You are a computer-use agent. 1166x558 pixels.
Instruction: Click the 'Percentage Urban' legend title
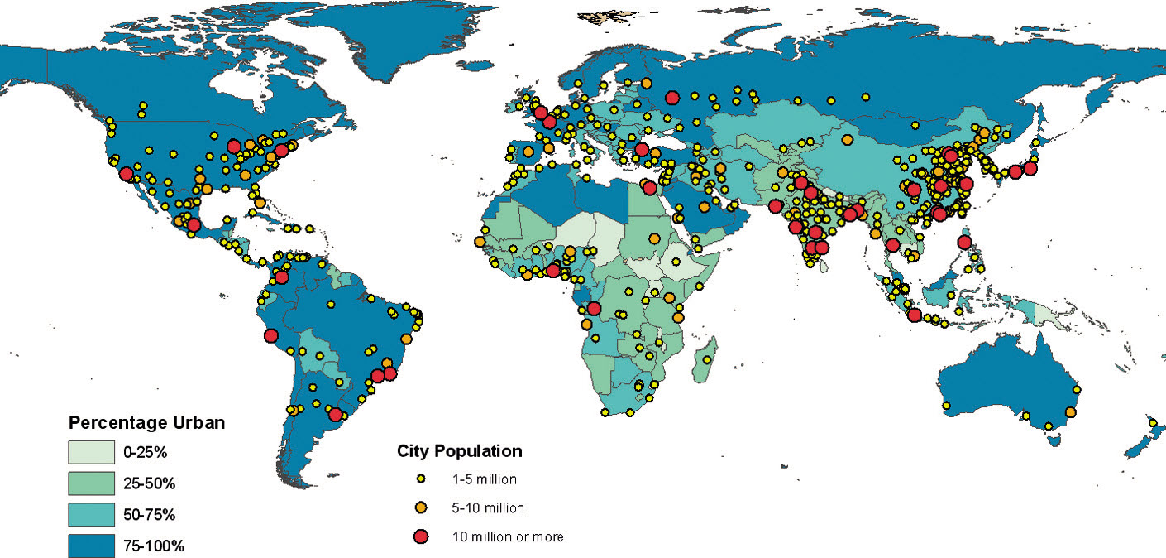[x=146, y=422]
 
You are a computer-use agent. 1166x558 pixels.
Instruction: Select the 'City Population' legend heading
[x=459, y=451]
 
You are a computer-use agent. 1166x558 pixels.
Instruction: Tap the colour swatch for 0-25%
[x=91, y=453]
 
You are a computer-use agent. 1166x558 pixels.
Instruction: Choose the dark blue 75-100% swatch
[x=91, y=545]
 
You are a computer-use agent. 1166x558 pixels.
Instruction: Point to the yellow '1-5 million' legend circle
[x=421, y=479]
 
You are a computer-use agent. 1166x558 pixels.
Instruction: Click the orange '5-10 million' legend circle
[x=421, y=507]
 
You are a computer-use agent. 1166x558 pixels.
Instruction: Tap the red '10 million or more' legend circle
[x=421, y=536]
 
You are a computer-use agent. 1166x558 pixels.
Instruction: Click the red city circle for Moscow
[x=671, y=98]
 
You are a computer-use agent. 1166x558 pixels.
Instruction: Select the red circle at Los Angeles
[x=125, y=174]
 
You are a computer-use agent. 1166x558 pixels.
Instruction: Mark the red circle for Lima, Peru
[x=270, y=335]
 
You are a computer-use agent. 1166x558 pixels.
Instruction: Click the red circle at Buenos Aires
[x=335, y=414]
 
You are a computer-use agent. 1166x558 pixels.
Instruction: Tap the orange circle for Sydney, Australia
[x=1070, y=412]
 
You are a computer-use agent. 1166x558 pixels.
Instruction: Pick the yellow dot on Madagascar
[x=708, y=359]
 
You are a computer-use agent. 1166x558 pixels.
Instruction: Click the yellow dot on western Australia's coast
[x=946, y=406]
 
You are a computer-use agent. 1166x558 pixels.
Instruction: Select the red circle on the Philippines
[x=963, y=243]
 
